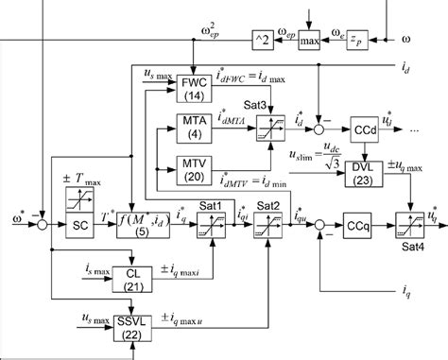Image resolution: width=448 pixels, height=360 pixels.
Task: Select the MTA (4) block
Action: tap(192, 128)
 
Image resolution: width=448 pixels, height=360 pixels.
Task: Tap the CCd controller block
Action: tap(364, 126)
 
